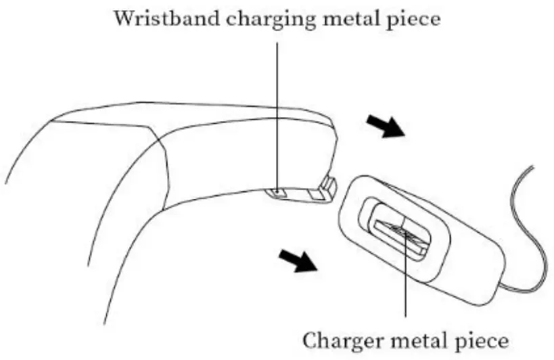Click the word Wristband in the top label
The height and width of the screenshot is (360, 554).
(x=160, y=18)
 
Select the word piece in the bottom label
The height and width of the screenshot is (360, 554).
(x=482, y=339)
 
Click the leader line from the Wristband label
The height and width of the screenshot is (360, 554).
(x=277, y=102)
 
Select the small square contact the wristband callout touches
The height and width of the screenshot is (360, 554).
(x=277, y=194)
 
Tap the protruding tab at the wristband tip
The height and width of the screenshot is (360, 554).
(x=328, y=187)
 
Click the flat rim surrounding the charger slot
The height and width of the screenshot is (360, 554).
(x=359, y=196)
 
